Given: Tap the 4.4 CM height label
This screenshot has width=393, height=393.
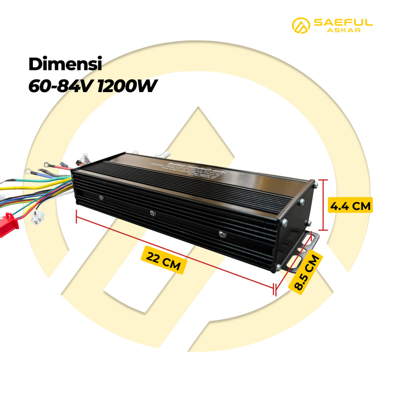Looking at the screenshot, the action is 350,206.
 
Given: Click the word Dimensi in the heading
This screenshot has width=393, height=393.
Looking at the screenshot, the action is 65,64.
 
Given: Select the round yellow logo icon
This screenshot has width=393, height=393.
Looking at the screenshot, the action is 301,25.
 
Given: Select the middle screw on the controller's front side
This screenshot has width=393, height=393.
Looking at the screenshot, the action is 153,213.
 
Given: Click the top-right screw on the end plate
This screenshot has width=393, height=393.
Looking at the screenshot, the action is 315,185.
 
